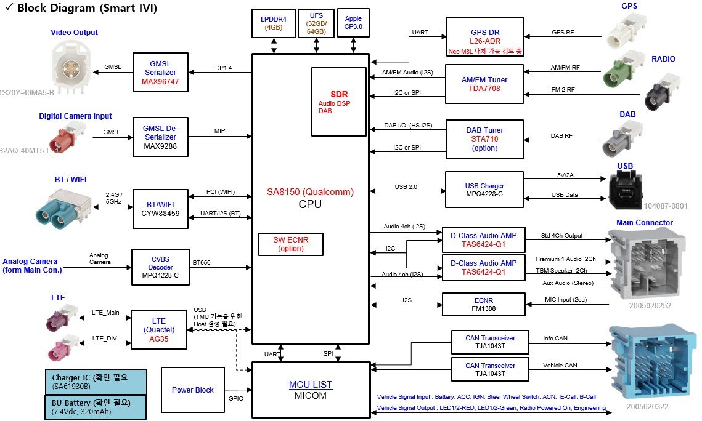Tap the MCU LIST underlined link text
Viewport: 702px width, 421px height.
pos(310,384)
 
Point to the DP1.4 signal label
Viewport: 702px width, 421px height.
pos(223,68)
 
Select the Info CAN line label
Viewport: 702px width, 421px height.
pos(555,339)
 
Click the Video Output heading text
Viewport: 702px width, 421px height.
pos(75,32)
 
